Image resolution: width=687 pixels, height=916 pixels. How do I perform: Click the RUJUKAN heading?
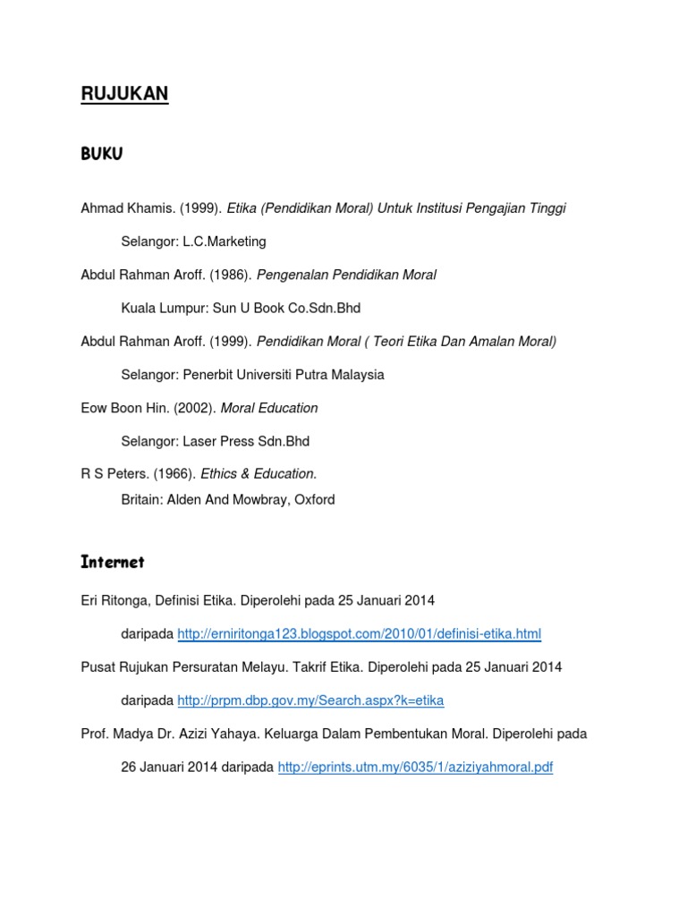coord(124,94)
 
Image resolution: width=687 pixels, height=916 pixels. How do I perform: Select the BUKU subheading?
coord(101,154)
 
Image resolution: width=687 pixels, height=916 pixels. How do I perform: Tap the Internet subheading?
coord(112,562)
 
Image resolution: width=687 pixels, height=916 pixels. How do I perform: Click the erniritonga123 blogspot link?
coord(359,634)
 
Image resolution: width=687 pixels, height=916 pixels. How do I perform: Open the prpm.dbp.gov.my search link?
coord(310,700)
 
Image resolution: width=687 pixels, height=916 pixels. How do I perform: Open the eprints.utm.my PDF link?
coord(415,768)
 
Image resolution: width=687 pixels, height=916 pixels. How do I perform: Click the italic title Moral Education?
coord(269,408)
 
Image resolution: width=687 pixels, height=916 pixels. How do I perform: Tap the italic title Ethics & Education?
coord(258,474)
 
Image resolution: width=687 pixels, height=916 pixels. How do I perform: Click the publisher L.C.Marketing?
coord(225,242)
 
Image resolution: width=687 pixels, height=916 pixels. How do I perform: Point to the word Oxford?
coord(314,500)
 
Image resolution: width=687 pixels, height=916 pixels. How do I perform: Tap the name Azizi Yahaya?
coord(216,734)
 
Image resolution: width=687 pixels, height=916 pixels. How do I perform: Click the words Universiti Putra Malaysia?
coord(312,375)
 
